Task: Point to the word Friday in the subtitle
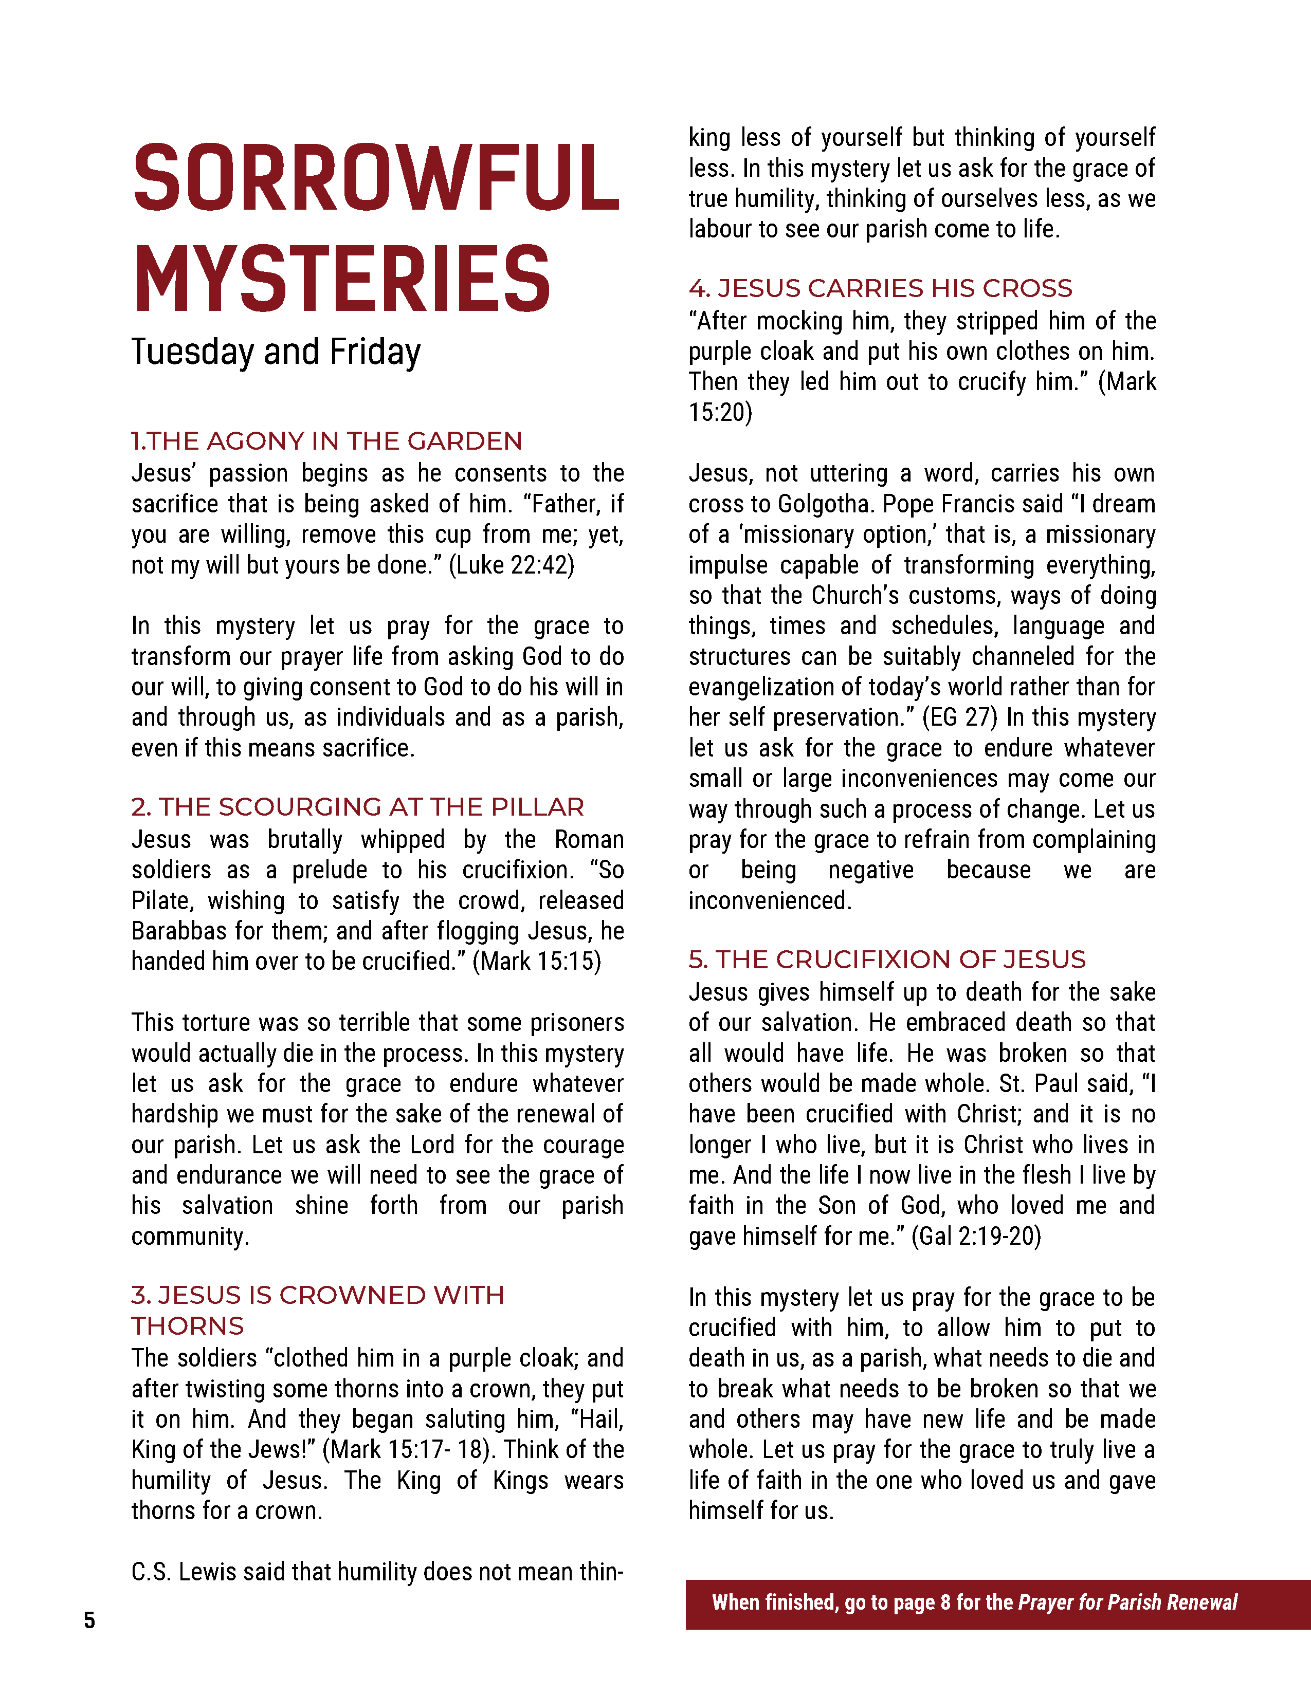click(x=375, y=352)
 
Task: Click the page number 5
click(x=89, y=1620)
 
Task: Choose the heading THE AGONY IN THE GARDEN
click(x=334, y=441)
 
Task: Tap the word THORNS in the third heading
click(x=187, y=1325)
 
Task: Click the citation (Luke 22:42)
click(x=512, y=564)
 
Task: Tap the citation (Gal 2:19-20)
click(x=976, y=1236)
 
